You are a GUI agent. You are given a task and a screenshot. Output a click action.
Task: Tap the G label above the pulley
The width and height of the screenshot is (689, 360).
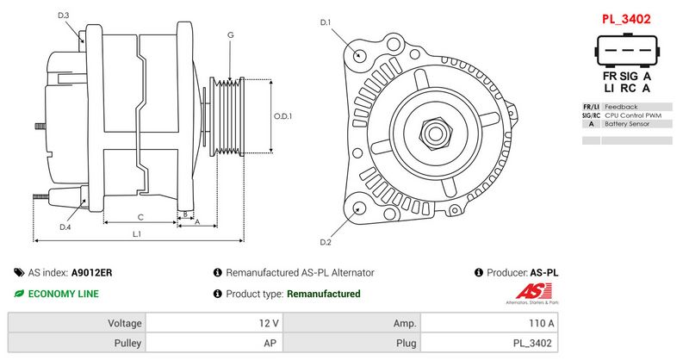(x=230, y=34)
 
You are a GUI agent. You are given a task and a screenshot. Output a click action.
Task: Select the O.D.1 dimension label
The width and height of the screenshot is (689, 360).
(x=283, y=116)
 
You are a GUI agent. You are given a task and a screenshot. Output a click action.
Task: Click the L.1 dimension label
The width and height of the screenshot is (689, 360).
(x=137, y=234)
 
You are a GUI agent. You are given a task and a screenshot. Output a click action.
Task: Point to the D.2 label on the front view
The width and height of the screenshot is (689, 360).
(x=326, y=241)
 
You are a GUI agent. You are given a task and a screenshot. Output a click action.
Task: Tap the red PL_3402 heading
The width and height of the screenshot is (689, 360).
(x=626, y=18)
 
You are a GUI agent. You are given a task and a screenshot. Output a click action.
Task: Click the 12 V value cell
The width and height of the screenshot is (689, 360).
(x=268, y=323)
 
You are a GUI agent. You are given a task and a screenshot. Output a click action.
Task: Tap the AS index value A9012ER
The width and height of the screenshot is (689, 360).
(x=92, y=272)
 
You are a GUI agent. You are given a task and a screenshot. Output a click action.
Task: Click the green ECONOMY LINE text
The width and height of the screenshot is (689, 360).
(x=63, y=294)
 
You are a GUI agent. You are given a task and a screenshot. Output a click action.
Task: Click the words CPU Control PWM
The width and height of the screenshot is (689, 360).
(x=633, y=115)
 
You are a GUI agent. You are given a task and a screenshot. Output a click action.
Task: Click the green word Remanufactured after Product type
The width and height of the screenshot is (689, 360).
(x=323, y=294)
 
